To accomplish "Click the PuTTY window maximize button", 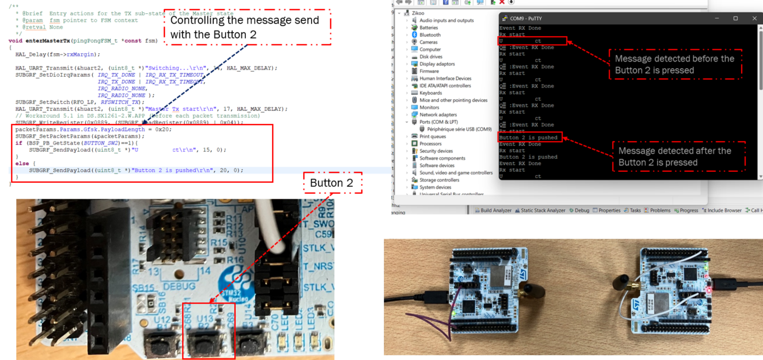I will (x=736, y=19).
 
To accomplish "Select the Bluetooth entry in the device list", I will (x=429, y=35).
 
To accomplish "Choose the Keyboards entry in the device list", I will (x=431, y=93).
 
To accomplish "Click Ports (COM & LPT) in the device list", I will (x=438, y=122).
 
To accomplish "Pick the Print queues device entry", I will (x=432, y=137).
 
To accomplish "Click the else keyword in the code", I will (x=22, y=164).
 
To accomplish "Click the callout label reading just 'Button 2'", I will (x=332, y=183).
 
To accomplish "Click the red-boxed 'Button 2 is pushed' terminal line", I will (x=529, y=138).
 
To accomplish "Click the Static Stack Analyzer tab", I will (x=542, y=211).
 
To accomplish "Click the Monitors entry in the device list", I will (x=429, y=108).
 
